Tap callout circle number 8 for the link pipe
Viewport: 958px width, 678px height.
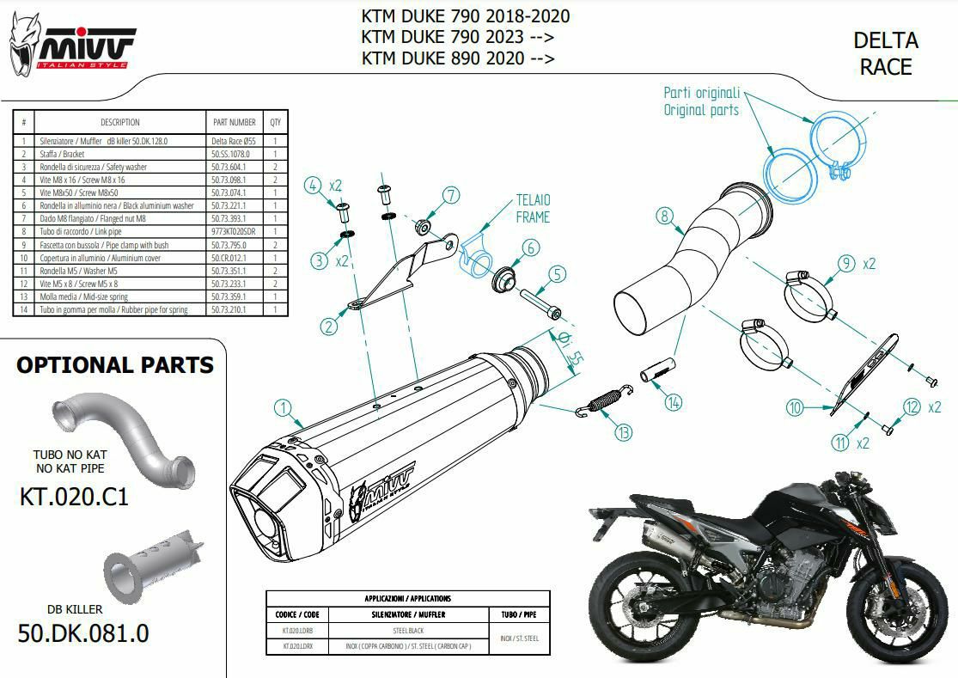coord(664,217)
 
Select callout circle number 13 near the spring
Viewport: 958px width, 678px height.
coord(622,431)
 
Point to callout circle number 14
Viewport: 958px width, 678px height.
coord(673,401)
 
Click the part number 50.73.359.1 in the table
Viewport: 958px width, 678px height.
coord(229,296)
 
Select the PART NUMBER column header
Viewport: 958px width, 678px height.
coord(233,122)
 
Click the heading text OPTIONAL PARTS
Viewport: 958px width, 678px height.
coord(115,365)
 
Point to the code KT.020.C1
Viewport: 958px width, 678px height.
coord(74,496)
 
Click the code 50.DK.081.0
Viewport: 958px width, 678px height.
coord(83,634)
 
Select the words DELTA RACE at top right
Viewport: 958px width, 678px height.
coord(886,53)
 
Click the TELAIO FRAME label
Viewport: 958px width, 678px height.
coord(533,209)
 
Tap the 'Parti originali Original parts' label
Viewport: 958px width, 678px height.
coord(701,101)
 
